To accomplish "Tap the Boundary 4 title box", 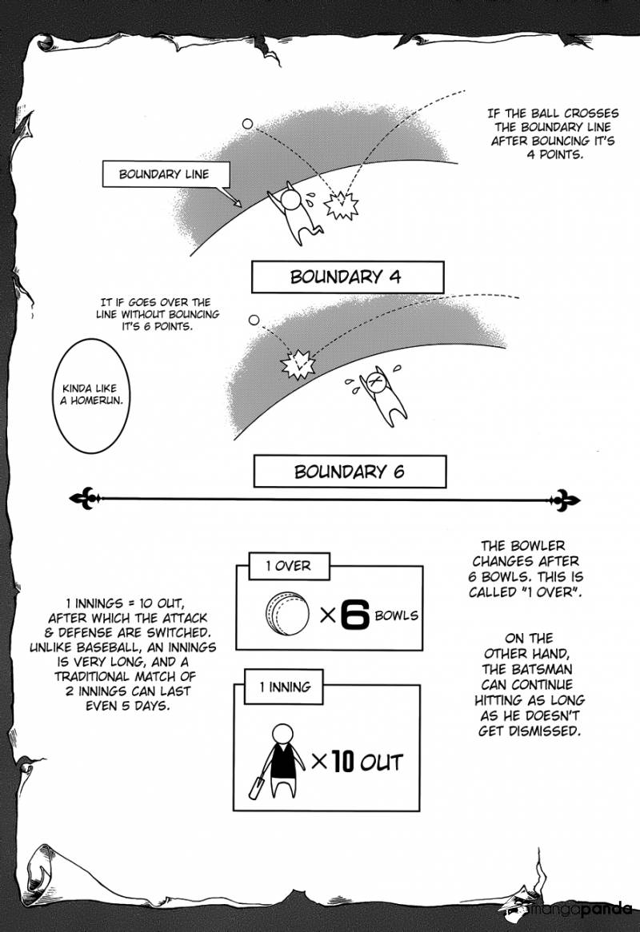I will pos(347,277).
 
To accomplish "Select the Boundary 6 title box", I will pos(350,472).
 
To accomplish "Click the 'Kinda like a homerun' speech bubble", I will pos(94,392).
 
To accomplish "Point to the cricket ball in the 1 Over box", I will pos(287,615).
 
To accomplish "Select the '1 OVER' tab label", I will pos(288,566).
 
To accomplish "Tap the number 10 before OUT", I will pos(342,761).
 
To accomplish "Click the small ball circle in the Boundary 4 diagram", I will pos(247,124).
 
